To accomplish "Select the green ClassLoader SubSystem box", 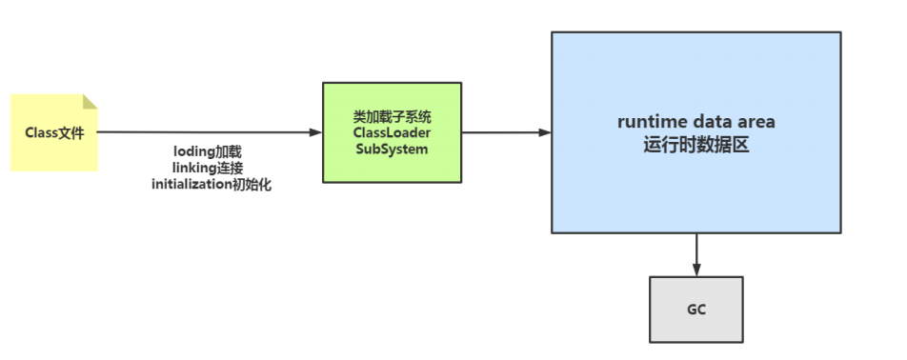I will tap(392, 132).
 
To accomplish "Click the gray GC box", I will tap(695, 310).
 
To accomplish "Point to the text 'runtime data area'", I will tap(695, 122).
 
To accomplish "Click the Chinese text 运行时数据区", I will tap(695, 145).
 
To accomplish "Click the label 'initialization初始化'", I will tap(212, 185).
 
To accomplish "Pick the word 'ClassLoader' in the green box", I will tap(392, 133).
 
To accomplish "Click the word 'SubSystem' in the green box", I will tap(392, 150).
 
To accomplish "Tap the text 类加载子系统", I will tap(392, 117).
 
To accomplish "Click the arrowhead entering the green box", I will tap(315, 132).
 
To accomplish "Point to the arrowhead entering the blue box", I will tap(545, 132).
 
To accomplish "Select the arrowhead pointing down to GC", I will tap(696, 270).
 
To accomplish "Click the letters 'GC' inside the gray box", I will tap(696, 310).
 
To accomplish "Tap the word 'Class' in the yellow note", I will tap(42, 133).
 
